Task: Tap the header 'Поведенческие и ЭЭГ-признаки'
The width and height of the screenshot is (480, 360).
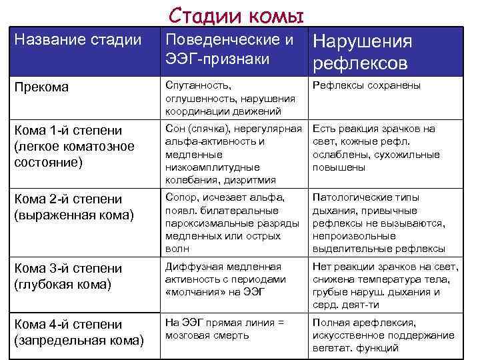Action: coord(229,49)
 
